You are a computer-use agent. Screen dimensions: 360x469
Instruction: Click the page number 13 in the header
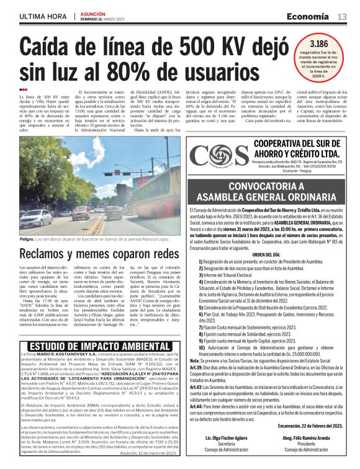[x=342, y=17]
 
